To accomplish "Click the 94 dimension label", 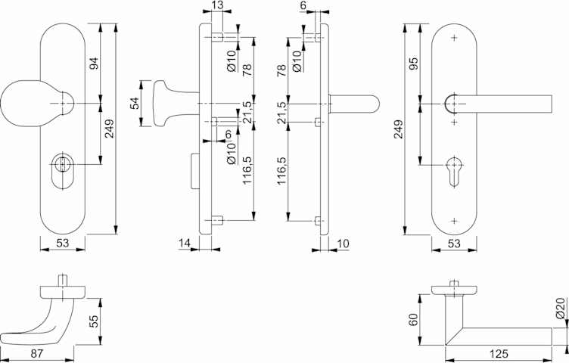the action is (x=95, y=64).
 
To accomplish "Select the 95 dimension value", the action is (x=414, y=63).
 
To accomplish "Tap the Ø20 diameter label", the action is (x=561, y=308).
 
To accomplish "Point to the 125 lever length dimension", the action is (x=499, y=354).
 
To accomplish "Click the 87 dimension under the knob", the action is (x=36, y=354).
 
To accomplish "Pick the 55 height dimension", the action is (x=94, y=321).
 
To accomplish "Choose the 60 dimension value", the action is (x=414, y=319).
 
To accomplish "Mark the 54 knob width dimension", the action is (x=135, y=104).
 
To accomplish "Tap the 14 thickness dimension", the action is (x=185, y=243).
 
